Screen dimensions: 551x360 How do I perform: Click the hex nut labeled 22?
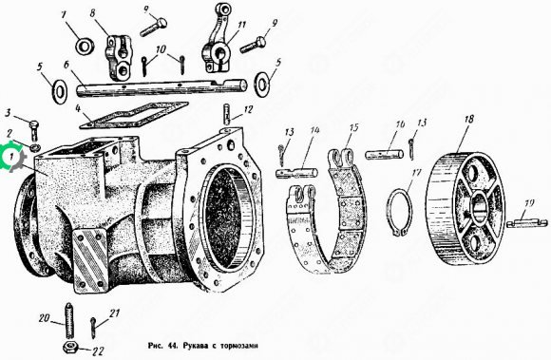70,348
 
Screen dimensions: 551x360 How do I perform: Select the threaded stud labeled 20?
68,320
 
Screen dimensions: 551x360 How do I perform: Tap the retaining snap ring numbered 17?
400,212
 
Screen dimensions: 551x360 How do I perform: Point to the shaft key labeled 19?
526,223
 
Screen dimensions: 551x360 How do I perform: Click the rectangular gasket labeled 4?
134,116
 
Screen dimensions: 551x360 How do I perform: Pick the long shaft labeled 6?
161,87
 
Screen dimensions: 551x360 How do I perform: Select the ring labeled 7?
85,46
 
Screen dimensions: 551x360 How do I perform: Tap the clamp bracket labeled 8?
119,56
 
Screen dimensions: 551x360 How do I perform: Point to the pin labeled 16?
385,154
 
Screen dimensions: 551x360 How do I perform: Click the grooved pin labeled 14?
297,173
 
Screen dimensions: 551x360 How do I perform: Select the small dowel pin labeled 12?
227,114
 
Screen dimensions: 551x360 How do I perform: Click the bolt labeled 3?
34,131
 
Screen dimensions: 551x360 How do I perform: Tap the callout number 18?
469,119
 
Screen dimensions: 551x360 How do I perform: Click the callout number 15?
353,126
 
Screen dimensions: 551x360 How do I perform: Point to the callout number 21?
115,313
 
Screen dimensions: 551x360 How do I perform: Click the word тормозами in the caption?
238,346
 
